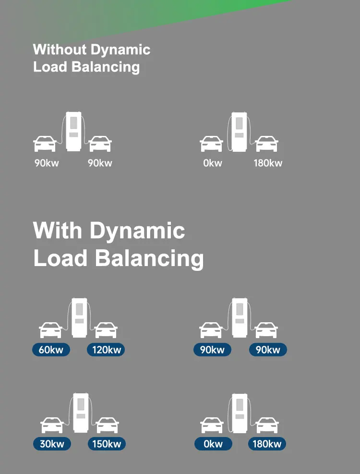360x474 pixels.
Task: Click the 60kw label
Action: click(x=51, y=350)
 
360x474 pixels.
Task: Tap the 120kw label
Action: click(x=106, y=350)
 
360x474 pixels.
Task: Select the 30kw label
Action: click(x=51, y=444)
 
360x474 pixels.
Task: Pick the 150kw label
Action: click(x=107, y=444)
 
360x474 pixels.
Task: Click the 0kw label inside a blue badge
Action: click(x=213, y=444)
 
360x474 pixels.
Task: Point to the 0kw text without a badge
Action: click(x=213, y=163)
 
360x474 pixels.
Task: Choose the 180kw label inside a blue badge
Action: click(x=267, y=444)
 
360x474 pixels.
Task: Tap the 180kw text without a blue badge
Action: click(x=268, y=163)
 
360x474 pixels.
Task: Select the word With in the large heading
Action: click(x=58, y=231)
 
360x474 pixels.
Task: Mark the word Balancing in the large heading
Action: click(x=149, y=258)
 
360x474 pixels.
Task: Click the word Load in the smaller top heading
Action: click(x=50, y=66)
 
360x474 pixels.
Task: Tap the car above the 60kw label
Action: click(x=50, y=329)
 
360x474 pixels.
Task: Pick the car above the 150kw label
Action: click(x=107, y=425)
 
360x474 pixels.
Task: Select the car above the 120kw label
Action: click(x=106, y=329)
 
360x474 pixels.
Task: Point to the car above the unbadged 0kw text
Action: click(x=211, y=143)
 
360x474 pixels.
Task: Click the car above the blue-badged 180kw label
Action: click(x=267, y=425)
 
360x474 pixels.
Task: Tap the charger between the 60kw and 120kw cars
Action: click(x=79, y=317)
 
